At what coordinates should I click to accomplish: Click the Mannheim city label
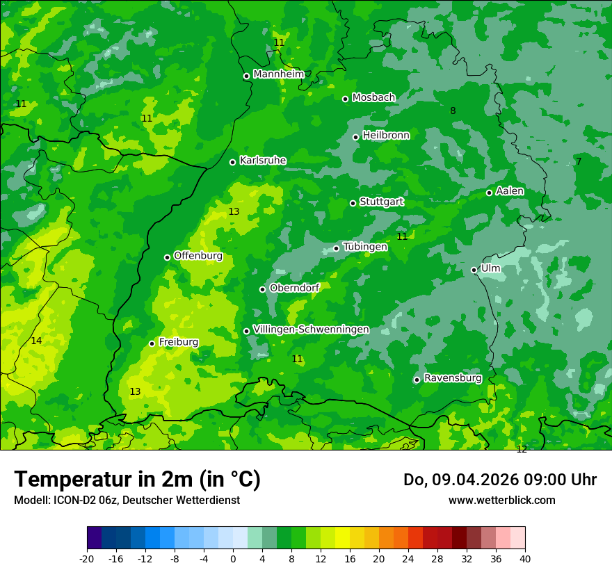click(278, 74)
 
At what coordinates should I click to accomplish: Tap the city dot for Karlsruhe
click(233, 162)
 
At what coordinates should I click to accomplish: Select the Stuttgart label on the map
click(381, 202)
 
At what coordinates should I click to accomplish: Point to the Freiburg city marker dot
click(152, 343)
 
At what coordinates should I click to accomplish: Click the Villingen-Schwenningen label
click(311, 330)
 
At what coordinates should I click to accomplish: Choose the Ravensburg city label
click(453, 378)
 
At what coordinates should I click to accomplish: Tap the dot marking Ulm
click(474, 270)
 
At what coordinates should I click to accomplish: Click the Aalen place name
click(510, 191)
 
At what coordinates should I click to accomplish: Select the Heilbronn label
click(386, 136)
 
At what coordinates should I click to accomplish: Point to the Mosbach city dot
click(346, 99)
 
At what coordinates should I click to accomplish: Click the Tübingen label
click(365, 247)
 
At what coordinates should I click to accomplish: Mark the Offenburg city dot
click(168, 257)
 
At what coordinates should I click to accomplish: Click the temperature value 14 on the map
click(36, 341)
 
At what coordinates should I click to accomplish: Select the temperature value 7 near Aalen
click(579, 162)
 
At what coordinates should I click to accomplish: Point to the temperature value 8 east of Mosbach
click(453, 111)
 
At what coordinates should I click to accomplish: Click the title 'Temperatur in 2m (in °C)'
click(137, 480)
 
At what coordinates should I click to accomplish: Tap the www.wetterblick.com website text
click(501, 501)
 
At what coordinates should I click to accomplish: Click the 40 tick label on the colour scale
click(525, 558)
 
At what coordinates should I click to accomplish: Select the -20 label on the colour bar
click(87, 558)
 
